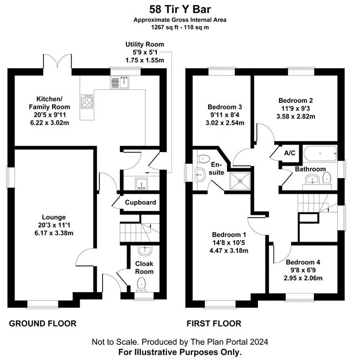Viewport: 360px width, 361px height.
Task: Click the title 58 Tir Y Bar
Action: pyautogui.click(x=180, y=9)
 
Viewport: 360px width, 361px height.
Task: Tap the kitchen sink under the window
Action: pyautogui.click(x=120, y=82)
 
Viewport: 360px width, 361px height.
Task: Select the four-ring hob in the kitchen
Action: pyautogui.click(x=87, y=101)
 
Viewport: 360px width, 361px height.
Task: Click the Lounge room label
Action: pyautogui.click(x=54, y=217)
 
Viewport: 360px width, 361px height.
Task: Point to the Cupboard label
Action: pyautogui.click(x=140, y=202)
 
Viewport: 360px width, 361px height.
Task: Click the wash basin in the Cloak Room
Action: pyautogui.click(x=145, y=250)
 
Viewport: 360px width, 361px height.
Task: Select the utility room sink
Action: pyautogui.click(x=141, y=183)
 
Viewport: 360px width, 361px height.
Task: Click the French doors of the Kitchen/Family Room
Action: pyautogui.click(x=57, y=61)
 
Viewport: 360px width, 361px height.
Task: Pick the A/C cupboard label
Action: pyautogui.click(x=290, y=153)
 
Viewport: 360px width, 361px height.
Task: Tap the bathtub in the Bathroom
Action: pyautogui.click(x=320, y=153)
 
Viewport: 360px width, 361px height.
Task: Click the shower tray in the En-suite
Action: pyautogui.click(x=240, y=180)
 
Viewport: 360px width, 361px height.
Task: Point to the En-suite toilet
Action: pyautogui.click(x=204, y=159)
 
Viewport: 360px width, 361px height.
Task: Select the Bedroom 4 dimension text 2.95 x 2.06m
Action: pyautogui.click(x=303, y=278)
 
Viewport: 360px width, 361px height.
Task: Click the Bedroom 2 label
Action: pyautogui.click(x=296, y=101)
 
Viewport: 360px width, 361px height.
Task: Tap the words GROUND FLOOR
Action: pyautogui.click(x=43, y=323)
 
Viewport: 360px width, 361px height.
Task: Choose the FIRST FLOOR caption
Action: pyautogui.click(x=214, y=323)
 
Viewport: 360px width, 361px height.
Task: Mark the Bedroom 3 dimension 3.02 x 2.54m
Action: pyautogui.click(x=225, y=123)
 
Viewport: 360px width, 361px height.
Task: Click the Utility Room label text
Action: pyautogui.click(x=145, y=44)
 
